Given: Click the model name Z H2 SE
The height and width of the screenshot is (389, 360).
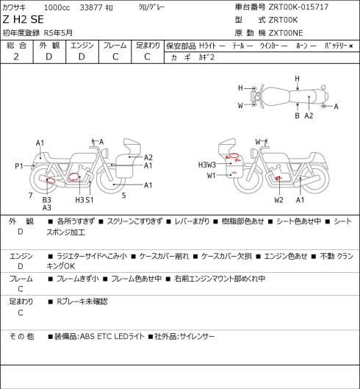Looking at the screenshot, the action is click(x=23, y=20).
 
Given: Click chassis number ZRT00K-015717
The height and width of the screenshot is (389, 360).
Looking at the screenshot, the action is click(x=298, y=7).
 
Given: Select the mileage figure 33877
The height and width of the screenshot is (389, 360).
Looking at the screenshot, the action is click(x=91, y=7).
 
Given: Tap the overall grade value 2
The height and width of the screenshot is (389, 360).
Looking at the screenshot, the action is click(x=16, y=57).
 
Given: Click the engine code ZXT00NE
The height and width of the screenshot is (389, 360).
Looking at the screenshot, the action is click(x=286, y=33).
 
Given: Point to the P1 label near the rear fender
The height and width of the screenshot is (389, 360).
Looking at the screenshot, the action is click(x=19, y=166).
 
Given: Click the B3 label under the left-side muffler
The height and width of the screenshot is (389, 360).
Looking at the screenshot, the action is click(x=46, y=200).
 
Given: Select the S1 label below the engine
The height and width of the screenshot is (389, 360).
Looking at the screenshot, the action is click(x=89, y=200).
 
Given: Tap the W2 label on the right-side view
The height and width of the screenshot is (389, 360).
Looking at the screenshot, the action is click(x=278, y=200).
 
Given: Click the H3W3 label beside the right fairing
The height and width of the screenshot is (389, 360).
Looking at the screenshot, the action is click(x=207, y=165).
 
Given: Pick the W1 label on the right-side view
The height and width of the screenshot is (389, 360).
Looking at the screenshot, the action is click(x=212, y=176).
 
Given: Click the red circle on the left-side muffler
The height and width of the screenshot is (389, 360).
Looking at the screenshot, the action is click(x=51, y=180).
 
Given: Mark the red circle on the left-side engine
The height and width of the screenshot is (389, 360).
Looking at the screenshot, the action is click(x=73, y=176).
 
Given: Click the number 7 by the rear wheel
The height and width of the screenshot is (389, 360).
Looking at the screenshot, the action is click(x=31, y=196).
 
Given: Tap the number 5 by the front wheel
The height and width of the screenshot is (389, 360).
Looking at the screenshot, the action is click(x=123, y=196).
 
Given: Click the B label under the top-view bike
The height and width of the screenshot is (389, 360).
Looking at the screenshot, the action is click(x=298, y=115).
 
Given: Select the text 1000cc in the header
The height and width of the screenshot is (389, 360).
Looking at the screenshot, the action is click(x=57, y=7).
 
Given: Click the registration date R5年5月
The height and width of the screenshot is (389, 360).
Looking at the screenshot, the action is click(x=58, y=33).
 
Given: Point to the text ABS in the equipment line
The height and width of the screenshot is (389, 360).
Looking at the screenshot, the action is click(x=87, y=337).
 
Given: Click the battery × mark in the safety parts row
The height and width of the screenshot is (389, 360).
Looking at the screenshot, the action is click(x=351, y=46).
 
